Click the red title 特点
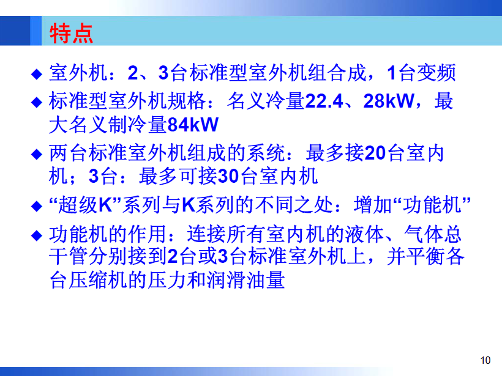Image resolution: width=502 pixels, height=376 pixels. pos(71,33)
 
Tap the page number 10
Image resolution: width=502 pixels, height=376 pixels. pos(485,360)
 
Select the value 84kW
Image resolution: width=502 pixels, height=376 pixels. pos(193,124)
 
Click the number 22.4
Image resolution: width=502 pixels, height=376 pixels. pos(324,101)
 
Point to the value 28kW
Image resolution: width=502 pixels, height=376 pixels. pos(388,101)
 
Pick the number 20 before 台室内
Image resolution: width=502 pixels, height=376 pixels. pos(375,153)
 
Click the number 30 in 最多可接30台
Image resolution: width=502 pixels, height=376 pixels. pos(228,176)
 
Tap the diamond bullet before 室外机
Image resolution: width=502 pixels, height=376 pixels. pos(37,74)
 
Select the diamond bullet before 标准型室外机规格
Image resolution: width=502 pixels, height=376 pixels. pos(37,102)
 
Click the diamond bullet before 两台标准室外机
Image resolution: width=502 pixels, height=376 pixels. pos(37,154)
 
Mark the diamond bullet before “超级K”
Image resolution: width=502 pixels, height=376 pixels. pos(37,206)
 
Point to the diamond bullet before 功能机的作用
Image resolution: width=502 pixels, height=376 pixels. pos(37,235)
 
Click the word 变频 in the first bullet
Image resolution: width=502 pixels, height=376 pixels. pos(436,73)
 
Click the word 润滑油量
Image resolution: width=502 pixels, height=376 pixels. pos(245,280)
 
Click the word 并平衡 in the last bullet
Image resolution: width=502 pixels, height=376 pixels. pos(416,256)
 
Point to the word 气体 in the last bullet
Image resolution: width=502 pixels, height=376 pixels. pos(423,234)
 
